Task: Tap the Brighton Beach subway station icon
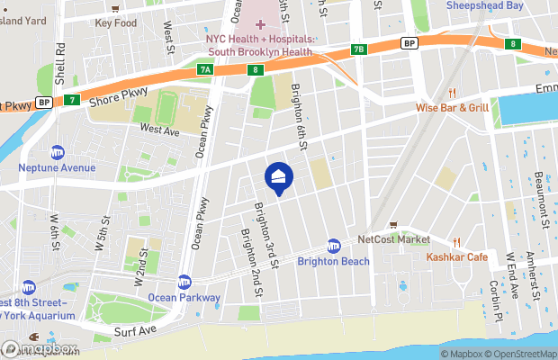tap(334, 246)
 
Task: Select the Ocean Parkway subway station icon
tap(184, 282)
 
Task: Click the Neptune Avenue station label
tap(57, 166)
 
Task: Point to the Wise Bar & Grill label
tap(452, 108)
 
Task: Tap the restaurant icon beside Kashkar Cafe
tap(457, 241)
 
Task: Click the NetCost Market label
tap(393, 239)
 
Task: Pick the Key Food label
tap(115, 22)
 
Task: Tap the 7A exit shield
tap(206, 69)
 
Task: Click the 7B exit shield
tap(359, 49)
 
